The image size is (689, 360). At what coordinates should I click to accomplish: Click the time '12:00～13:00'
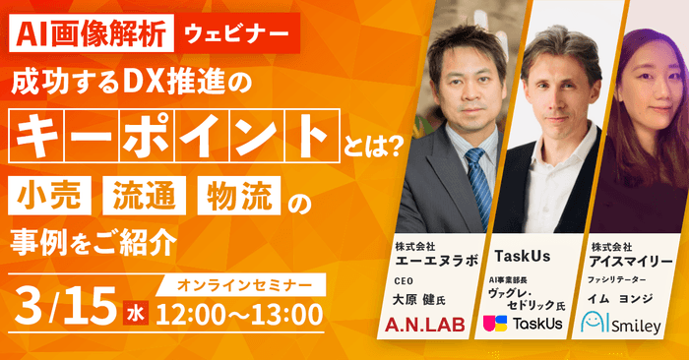240,315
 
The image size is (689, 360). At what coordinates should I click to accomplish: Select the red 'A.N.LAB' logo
428,324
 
